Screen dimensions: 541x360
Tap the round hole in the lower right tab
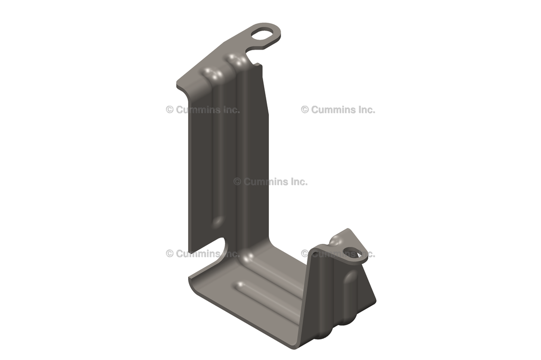click(352, 253)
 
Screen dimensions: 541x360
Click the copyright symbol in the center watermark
click(237, 182)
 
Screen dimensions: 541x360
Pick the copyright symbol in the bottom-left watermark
click(170, 254)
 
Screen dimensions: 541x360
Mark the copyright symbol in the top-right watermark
click(305, 110)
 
